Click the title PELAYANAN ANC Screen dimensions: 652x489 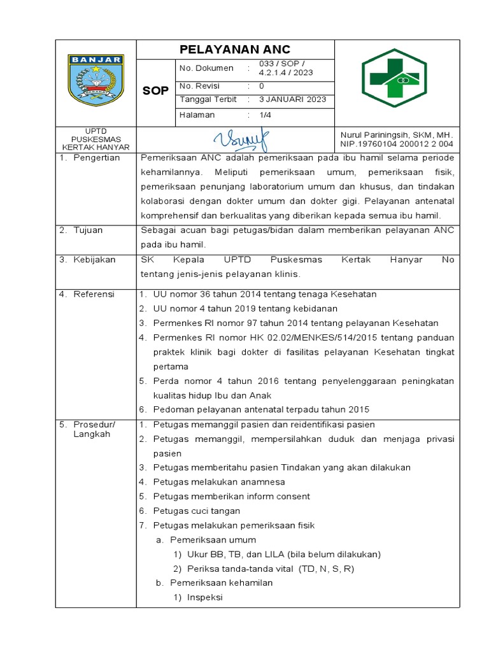(x=235, y=49)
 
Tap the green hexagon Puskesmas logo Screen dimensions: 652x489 (x=394, y=78)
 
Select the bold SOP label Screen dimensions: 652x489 (x=155, y=91)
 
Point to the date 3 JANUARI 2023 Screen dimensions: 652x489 (x=292, y=99)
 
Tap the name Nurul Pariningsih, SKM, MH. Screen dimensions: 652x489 (x=396, y=135)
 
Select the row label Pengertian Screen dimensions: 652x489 (x=96, y=158)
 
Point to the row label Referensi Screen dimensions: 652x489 (x=94, y=294)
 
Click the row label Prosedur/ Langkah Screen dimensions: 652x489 (x=93, y=429)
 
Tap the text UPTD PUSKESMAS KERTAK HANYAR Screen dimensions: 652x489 (x=96, y=139)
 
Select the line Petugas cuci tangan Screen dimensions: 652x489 (x=196, y=511)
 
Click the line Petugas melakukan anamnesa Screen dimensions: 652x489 (x=219, y=482)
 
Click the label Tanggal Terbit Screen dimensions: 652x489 (x=208, y=99)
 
